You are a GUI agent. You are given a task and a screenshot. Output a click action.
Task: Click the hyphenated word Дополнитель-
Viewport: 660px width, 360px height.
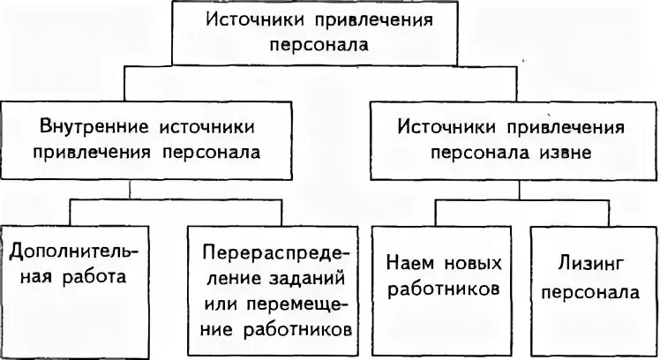pyautogui.click(x=74, y=252)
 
